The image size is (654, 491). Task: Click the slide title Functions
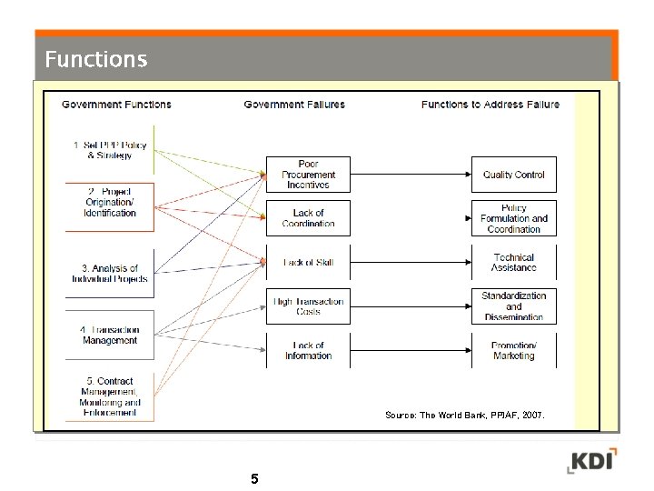[95, 60]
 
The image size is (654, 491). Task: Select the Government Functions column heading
[116, 105]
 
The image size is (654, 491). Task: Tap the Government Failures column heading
[294, 105]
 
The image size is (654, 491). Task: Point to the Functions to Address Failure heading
[490, 105]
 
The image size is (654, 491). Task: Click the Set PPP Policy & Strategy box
[110, 150]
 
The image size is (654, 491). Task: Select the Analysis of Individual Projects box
[110, 274]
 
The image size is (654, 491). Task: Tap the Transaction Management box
[110, 335]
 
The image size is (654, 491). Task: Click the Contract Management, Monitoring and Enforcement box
[110, 396]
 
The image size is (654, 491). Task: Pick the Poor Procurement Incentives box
[308, 175]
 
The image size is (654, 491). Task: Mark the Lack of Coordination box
[308, 218]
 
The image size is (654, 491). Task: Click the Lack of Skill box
[308, 263]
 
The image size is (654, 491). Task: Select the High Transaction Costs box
[308, 306]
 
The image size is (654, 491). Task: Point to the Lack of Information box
[308, 351]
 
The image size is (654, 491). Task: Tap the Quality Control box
[513, 175]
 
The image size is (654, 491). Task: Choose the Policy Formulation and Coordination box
[513, 218]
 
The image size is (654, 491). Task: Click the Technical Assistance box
[513, 263]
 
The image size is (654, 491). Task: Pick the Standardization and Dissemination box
[513, 306]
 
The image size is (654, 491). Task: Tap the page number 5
[254, 478]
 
